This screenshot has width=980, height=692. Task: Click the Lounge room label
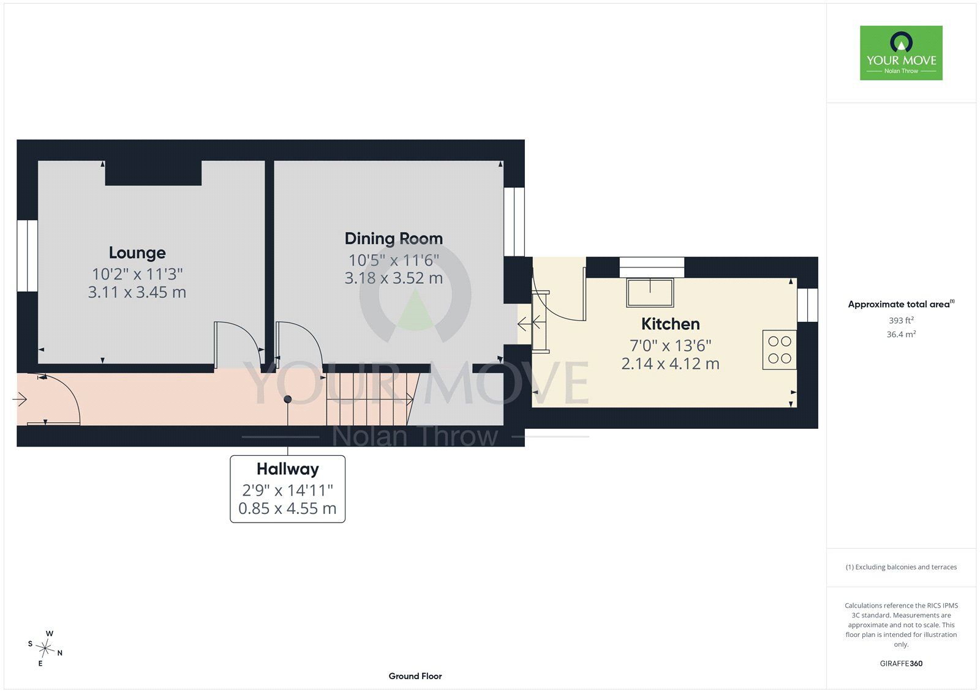(137, 253)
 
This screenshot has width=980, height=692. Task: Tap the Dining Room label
(394, 239)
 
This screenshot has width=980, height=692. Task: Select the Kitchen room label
(670, 324)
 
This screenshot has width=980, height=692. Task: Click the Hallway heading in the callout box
(287, 469)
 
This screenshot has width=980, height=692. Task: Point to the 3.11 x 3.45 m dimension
(137, 292)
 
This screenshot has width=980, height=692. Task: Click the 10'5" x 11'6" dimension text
(394, 260)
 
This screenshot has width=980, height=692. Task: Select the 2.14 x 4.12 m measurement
(670, 363)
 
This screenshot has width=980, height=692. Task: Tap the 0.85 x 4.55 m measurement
(287, 508)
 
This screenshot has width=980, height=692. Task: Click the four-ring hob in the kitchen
(779, 350)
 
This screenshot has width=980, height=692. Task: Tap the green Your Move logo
(901, 53)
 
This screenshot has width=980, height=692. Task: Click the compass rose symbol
(45, 649)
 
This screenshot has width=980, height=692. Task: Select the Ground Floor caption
(415, 676)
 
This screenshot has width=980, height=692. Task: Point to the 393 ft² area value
(901, 321)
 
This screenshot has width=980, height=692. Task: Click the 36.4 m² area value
(901, 335)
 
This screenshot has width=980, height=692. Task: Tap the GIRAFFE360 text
(901, 664)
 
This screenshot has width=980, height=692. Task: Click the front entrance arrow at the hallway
(20, 399)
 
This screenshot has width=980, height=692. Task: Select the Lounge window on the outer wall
(27, 256)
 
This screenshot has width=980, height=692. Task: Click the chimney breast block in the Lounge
(153, 173)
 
